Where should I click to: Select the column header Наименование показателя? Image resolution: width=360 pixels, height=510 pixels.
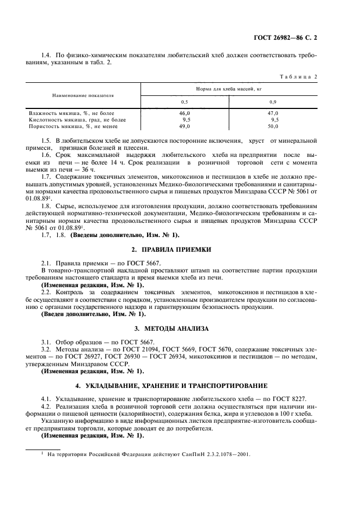[x=83, y=95]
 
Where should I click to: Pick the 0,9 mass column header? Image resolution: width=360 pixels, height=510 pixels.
[x=273, y=102]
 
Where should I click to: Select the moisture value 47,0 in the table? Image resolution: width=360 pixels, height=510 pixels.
[x=273, y=113]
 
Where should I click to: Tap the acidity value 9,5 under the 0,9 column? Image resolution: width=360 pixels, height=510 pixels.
[x=274, y=119]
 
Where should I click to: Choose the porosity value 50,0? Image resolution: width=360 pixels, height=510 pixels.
[x=273, y=126]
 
